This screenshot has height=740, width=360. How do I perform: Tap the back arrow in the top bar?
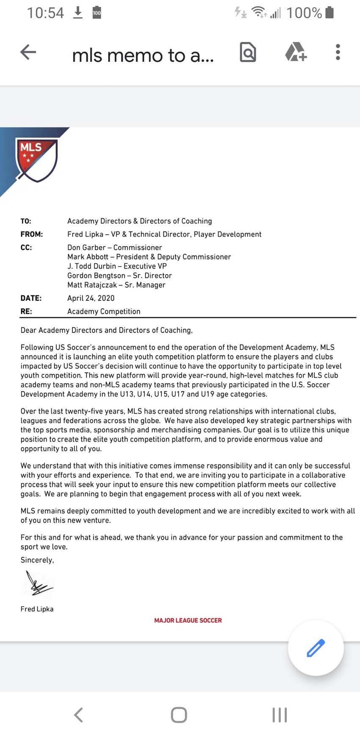28,52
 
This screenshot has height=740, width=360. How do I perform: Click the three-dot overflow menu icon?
338,52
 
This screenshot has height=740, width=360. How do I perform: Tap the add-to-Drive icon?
295,52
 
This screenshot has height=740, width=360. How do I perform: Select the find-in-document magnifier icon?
248,52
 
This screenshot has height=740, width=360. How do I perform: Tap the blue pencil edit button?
316,648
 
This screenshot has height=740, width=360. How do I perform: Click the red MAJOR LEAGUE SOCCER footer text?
188,620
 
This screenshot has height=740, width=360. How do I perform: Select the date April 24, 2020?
91,298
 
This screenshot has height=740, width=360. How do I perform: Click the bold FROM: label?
32,234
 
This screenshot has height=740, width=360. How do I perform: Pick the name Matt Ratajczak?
92,285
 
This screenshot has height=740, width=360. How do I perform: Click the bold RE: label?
26,311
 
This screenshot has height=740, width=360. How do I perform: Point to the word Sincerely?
37,560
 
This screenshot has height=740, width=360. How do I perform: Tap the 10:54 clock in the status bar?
45,13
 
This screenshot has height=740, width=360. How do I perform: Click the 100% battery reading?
304,13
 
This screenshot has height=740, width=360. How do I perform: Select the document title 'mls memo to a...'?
143,55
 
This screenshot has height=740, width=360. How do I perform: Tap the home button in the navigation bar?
179,715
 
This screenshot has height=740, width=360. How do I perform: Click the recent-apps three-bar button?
280,715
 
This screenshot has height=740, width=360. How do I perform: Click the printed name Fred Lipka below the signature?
37,609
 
